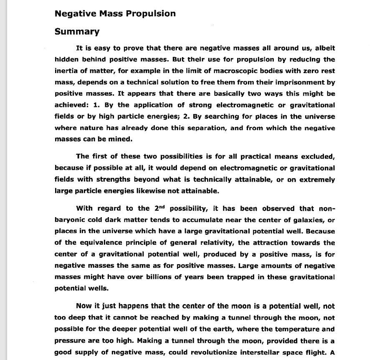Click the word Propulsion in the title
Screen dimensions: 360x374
pyautogui.click(x=151, y=14)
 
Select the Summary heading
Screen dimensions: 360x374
pyautogui.click(x=77, y=32)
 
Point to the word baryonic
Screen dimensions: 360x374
pyautogui.click(x=71, y=220)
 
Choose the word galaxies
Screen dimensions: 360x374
pyautogui.click(x=305, y=220)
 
